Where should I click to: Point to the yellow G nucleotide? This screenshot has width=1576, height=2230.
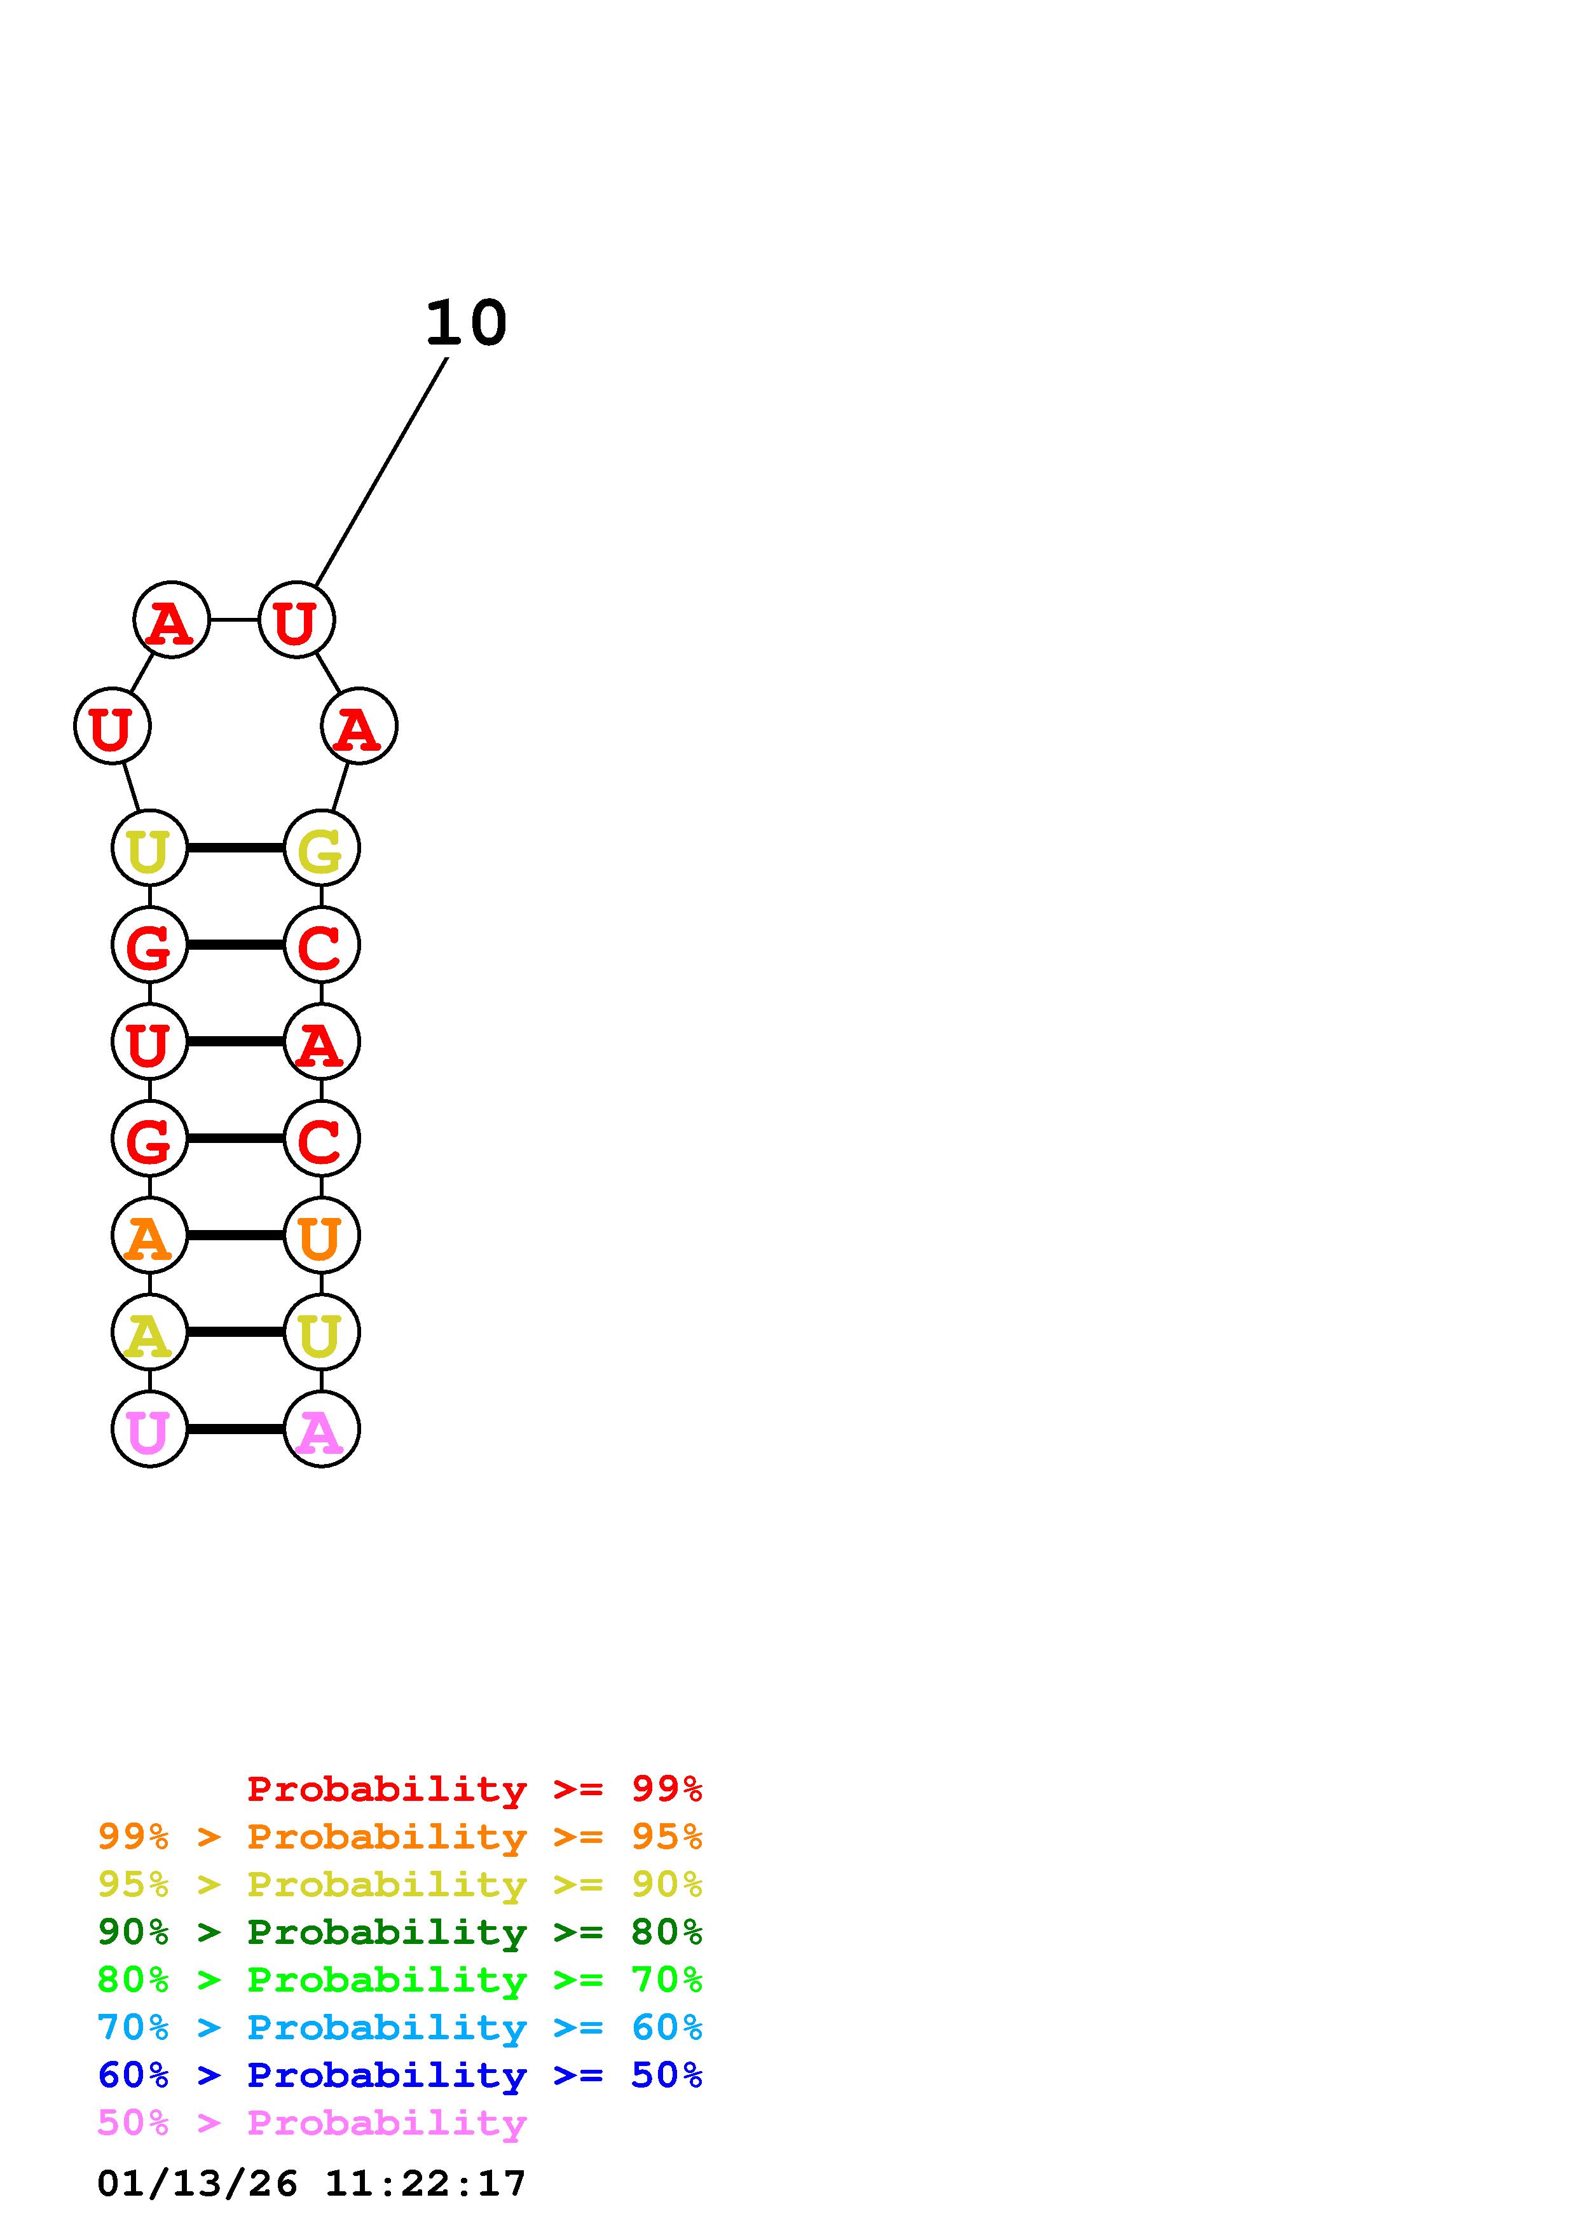coord(322,848)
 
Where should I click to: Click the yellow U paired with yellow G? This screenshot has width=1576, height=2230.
coord(149,848)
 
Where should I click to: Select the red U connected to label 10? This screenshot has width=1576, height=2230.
coord(296,620)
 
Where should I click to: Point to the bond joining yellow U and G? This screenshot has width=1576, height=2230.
coord(235,848)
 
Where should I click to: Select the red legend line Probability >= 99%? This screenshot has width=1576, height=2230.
coord(474,1788)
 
